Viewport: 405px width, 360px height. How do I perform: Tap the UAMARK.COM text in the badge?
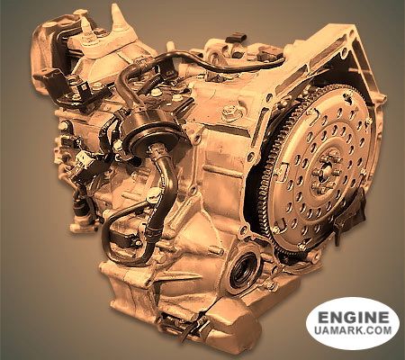tap(354, 330)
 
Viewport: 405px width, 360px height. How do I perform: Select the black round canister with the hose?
tap(151, 132)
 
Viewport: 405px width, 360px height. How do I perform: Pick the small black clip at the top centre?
tap(236, 39)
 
